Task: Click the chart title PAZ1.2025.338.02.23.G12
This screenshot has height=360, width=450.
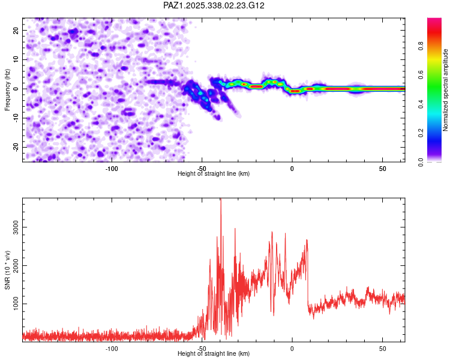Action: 214,5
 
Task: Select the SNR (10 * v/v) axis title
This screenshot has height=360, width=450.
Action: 8,269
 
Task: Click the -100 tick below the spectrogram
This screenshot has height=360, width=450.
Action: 112,167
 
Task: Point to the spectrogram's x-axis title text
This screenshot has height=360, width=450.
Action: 214,173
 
